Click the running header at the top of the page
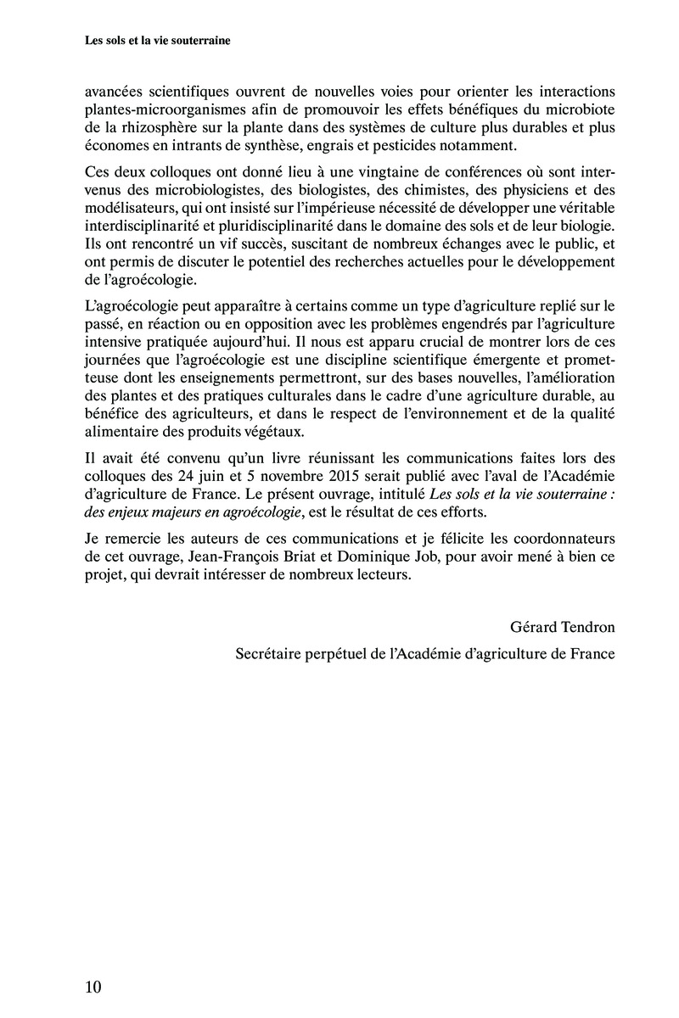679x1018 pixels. [159, 39]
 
